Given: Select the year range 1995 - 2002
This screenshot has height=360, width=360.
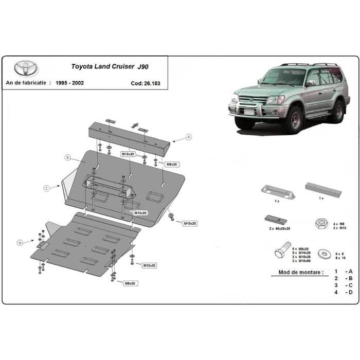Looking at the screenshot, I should coord(71,82).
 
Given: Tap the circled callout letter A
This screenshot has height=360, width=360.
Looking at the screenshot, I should coord(189,137).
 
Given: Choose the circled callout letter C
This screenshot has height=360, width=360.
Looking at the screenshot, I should coord(46,188).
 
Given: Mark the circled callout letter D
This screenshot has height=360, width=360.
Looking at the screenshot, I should coord(20,242).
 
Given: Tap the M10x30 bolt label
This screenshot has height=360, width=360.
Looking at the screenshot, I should coord(149,265).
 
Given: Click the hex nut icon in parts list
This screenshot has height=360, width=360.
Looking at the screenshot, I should coord(320,223).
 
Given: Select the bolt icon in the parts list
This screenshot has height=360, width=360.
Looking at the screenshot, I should coord(282,251).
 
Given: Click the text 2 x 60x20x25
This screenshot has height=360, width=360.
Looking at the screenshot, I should coord(280,227).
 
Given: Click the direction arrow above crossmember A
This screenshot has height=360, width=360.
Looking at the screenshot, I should coord(135,124).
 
